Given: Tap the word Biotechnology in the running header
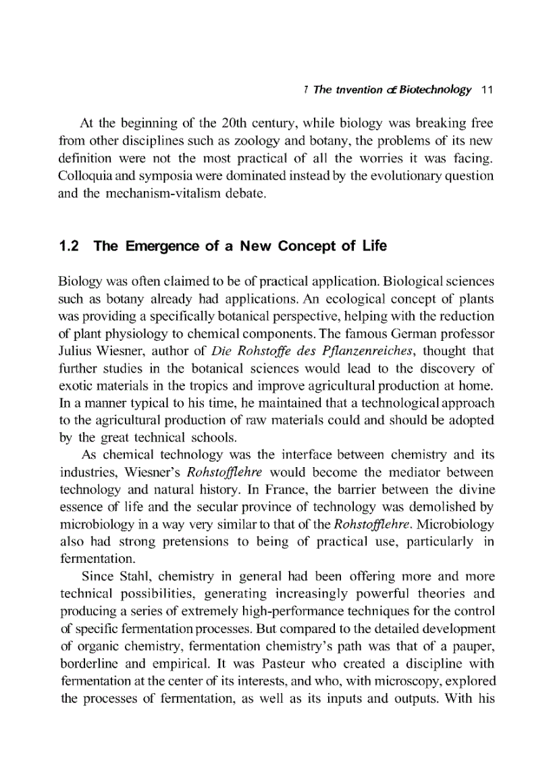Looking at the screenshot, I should coord(434,90).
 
